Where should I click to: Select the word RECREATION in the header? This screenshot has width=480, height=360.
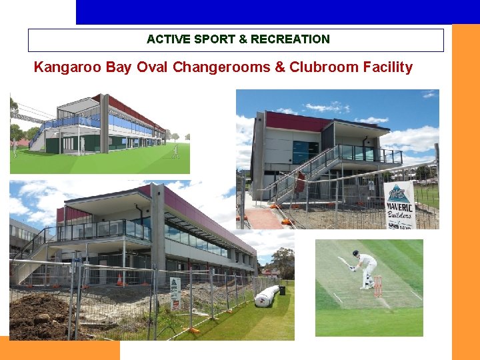[x=290, y=39]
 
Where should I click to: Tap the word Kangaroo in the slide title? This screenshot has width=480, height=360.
[x=65, y=67]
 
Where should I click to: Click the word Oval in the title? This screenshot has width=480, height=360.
[x=153, y=67]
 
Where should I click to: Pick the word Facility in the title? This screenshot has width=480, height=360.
[x=387, y=67]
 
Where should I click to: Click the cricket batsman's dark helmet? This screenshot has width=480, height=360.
[x=357, y=255]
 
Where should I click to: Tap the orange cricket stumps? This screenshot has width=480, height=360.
[x=377, y=285]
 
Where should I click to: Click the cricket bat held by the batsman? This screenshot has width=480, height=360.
[x=344, y=262]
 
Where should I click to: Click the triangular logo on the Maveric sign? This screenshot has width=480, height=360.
[x=399, y=192]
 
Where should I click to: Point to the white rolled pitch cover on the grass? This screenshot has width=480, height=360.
[x=266, y=296]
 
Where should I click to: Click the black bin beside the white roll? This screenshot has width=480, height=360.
[x=282, y=291]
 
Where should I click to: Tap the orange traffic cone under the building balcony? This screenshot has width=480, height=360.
[x=119, y=279]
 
